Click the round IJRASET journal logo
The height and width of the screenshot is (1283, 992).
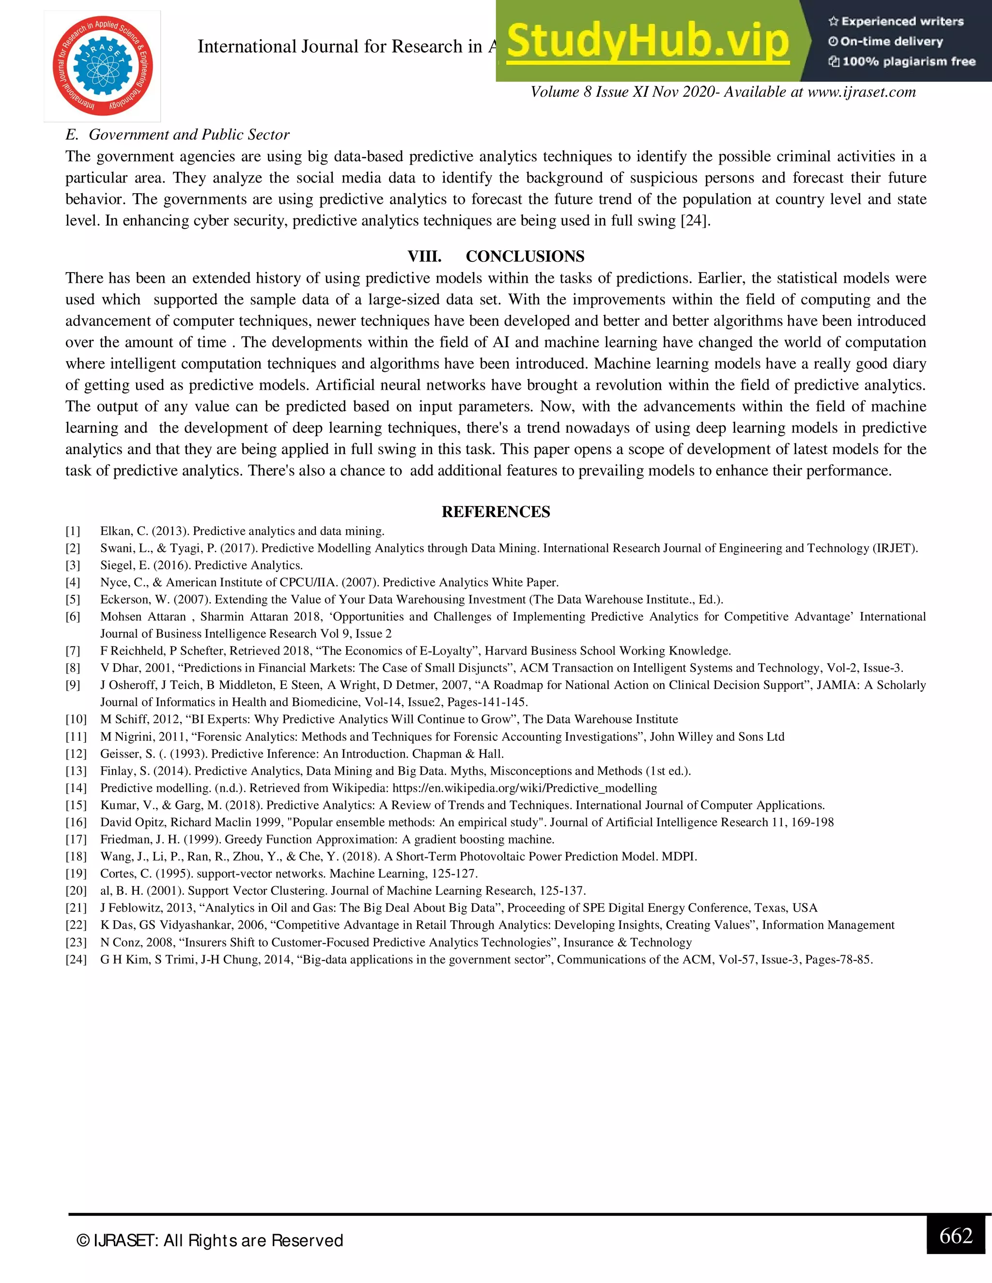tap(102, 66)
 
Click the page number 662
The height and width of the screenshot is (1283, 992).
tap(956, 1236)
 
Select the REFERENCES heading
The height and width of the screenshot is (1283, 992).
tap(496, 512)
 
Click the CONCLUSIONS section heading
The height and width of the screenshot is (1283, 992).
tap(525, 256)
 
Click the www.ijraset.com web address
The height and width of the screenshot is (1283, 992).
tap(862, 92)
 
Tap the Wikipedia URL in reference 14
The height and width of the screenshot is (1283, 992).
tap(524, 788)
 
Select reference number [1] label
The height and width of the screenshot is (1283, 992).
tap(73, 531)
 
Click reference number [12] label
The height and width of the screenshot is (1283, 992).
tap(76, 754)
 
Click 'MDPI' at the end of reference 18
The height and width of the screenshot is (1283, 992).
tap(680, 856)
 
